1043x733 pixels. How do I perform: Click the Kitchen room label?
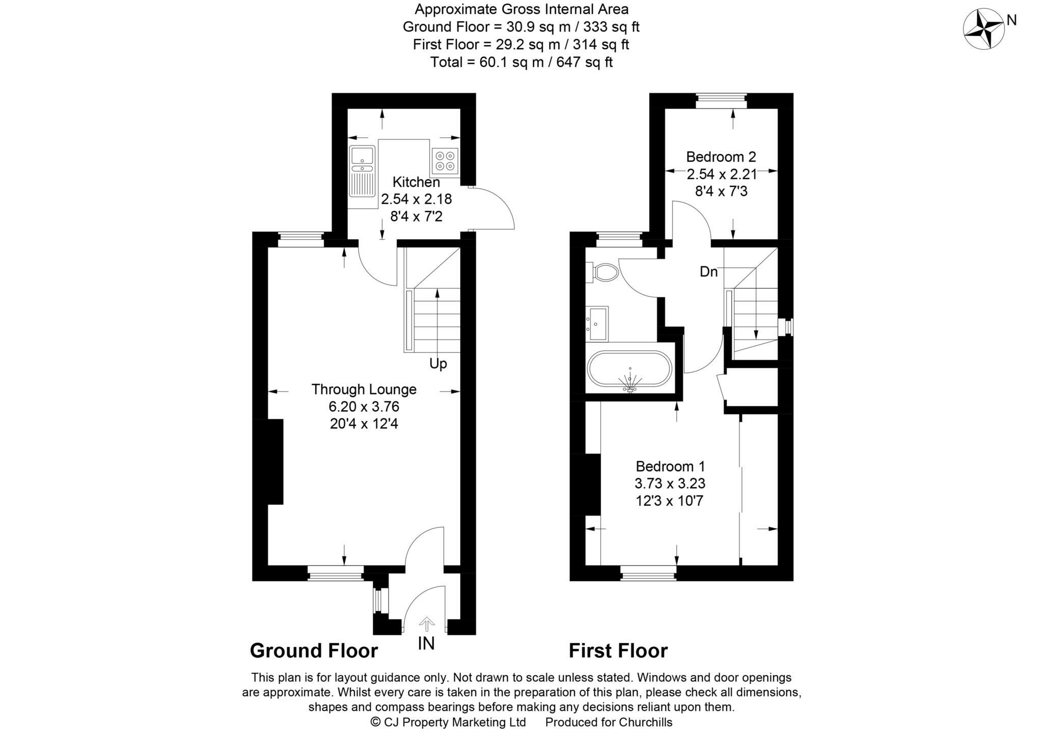pyautogui.click(x=416, y=182)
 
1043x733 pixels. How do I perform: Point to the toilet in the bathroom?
pyautogui.click(x=604, y=272)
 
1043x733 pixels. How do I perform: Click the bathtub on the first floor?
pyautogui.click(x=630, y=376)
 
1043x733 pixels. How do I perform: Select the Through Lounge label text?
pyautogui.click(x=364, y=389)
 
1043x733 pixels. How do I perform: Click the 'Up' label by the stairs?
pyautogui.click(x=438, y=363)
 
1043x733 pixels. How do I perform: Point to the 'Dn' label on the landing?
pyautogui.click(x=708, y=272)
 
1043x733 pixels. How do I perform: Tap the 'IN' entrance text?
pyautogui.click(x=426, y=644)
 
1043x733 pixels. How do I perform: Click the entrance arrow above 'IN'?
pyautogui.click(x=426, y=624)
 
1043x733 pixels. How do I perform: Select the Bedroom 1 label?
pyautogui.click(x=670, y=466)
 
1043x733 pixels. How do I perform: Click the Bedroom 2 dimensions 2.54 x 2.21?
pyautogui.click(x=721, y=175)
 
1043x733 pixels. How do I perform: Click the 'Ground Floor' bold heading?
pyautogui.click(x=314, y=651)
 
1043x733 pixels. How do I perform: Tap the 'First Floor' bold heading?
pyautogui.click(x=618, y=651)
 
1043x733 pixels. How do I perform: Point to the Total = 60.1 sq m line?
pyautogui.click(x=521, y=62)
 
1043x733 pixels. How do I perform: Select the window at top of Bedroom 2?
pyautogui.click(x=721, y=100)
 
